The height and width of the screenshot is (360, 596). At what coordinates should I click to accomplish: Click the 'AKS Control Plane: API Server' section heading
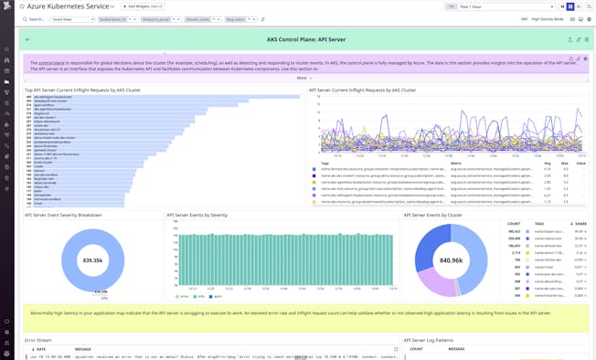pos(306,39)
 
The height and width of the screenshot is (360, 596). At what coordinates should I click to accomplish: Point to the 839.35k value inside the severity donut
pos(92,260)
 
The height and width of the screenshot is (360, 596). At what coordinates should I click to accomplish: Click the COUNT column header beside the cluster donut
pos(513,224)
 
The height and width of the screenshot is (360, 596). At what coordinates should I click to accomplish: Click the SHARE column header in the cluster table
pos(580,224)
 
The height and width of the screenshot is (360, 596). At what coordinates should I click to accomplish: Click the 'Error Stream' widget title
pos(38,340)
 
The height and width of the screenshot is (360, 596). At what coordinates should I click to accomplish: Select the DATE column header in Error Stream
pos(40,348)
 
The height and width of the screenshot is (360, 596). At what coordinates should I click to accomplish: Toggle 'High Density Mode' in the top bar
pos(548,19)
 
